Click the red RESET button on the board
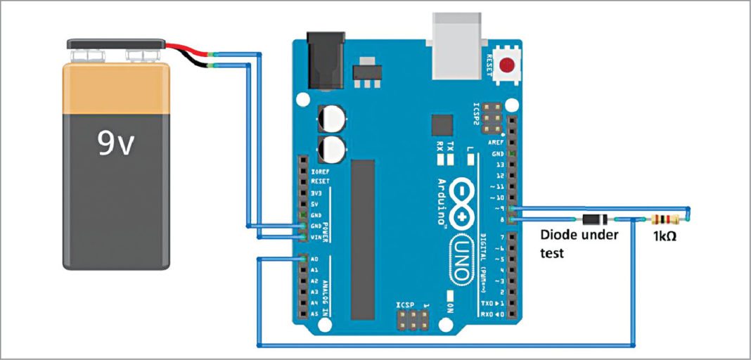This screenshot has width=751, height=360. point(506,67)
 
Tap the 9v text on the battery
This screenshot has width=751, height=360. point(117,145)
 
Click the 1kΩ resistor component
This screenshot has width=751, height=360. point(665,219)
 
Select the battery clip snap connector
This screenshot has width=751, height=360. point(116,45)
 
